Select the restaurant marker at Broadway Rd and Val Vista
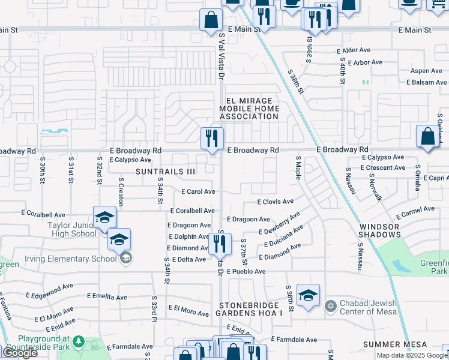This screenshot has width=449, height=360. pos(212,139)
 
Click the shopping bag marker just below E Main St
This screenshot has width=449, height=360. pos(212,20)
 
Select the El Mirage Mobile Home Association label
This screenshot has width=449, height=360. pos(249,109)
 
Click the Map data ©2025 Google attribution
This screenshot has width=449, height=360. pos(411,355)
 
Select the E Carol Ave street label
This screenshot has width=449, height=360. pos(198,191)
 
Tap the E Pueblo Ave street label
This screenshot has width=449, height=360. pos(246,272)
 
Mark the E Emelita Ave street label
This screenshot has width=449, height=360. pos(107,297)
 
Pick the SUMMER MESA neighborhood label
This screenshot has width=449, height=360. pos(395,344)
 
